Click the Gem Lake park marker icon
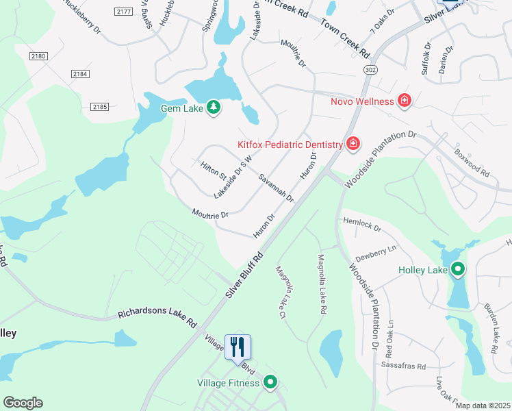(214, 108)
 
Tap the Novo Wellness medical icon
(405, 101)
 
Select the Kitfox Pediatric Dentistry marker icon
(353, 144)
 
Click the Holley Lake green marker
(457, 270)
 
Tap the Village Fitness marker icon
(271, 383)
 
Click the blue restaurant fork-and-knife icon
(238, 347)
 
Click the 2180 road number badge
(39, 56)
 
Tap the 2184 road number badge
(80, 73)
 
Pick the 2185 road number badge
(99, 106)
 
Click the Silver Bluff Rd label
(244, 276)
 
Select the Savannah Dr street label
(276, 187)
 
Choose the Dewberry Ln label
(376, 251)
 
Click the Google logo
(23, 402)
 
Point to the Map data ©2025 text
(483, 406)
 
